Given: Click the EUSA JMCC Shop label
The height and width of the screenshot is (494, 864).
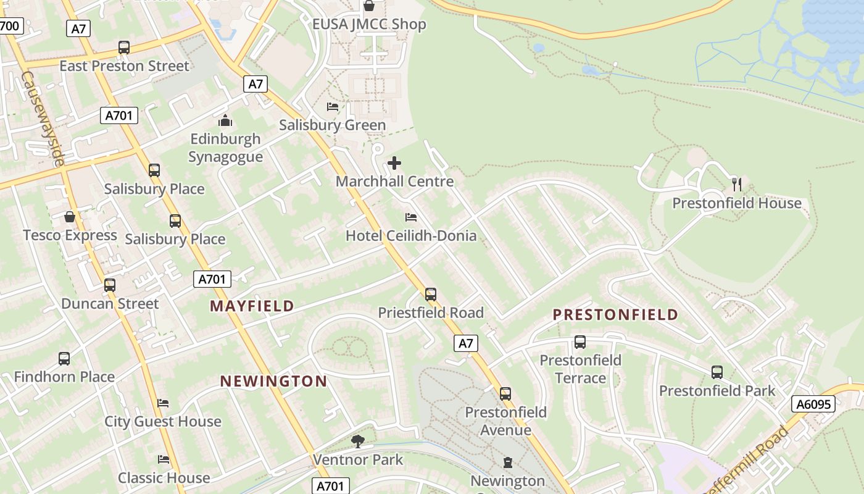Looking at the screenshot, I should pos(369,25).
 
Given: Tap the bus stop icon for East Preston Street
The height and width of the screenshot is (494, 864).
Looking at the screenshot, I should pos(124,48).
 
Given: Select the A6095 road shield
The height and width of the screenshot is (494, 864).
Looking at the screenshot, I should pos(813,404).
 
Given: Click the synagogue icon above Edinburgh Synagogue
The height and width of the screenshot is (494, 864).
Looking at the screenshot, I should pos(225,120).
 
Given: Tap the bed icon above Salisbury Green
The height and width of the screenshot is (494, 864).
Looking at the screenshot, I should pos(333,107).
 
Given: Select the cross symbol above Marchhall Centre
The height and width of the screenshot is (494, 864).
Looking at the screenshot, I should pos(394,164).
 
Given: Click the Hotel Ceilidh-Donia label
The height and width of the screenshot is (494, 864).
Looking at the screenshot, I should pos(410,235).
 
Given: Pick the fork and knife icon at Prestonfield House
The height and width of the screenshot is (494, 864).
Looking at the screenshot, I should pos(736,184).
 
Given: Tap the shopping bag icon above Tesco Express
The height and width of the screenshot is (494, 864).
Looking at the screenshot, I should pos(70,217).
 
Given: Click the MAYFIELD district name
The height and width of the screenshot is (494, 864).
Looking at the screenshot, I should pos(252,306).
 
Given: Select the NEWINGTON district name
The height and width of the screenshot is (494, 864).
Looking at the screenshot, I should pos(273,381).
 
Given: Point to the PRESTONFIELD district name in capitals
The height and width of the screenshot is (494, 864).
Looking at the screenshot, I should pos(615,315).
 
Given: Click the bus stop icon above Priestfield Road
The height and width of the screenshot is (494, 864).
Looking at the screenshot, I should pos(431,295).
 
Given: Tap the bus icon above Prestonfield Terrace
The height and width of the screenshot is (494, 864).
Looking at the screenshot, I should pos(580,342).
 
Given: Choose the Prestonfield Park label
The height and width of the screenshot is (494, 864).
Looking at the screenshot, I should pos(717,391).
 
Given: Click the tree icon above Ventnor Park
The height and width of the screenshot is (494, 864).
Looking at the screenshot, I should pos(357,441).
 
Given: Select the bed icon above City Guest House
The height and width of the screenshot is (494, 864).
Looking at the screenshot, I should pos(163,403).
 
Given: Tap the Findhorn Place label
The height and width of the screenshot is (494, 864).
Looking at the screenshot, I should pos(64,377).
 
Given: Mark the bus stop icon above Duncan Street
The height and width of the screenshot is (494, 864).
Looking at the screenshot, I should pos(110,285).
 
